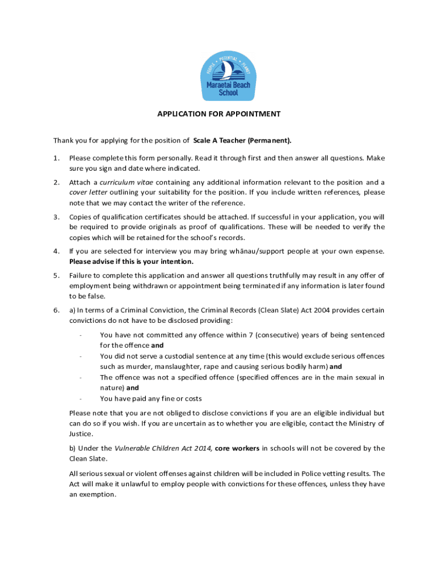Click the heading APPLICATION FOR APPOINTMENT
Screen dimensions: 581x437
218,114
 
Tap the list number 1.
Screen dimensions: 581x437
56,158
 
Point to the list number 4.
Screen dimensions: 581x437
56,251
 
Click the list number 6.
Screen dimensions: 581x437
56,310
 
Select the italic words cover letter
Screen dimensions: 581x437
86,192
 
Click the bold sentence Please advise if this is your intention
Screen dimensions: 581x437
131,262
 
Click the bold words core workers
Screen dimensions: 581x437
237,448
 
